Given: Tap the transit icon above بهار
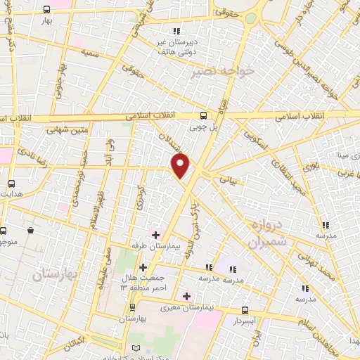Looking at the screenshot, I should (46, 10).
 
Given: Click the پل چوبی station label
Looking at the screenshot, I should (203, 128).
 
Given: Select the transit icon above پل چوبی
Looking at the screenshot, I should (203, 116).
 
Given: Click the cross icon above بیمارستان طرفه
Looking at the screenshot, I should (156, 235).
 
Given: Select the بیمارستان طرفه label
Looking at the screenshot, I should (156, 247).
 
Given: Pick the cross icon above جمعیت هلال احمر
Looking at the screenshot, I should (143, 267).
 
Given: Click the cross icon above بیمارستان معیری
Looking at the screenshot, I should (186, 296).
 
